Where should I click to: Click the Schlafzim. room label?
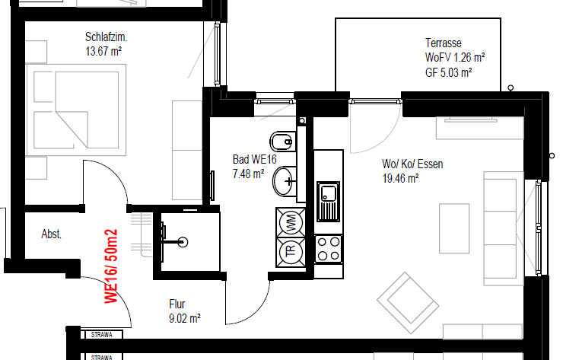107,37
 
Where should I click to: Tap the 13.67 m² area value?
103,52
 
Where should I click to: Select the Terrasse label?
444,43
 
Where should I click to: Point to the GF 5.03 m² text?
448,72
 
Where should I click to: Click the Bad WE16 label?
255,159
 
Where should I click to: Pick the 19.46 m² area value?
400,179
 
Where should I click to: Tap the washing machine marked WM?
291,222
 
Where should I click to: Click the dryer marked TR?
291,252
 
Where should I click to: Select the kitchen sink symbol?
328,202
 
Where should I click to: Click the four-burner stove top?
329,249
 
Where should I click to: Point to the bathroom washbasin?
285,181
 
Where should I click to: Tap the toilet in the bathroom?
283,142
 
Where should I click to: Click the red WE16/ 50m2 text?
111,266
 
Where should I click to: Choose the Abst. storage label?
51,234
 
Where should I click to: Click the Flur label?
177,304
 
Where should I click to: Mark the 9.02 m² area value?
185,319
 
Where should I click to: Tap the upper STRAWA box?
102,335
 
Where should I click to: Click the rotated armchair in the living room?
408,303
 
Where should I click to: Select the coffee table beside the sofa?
454,228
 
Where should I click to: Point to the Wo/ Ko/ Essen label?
412,164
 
